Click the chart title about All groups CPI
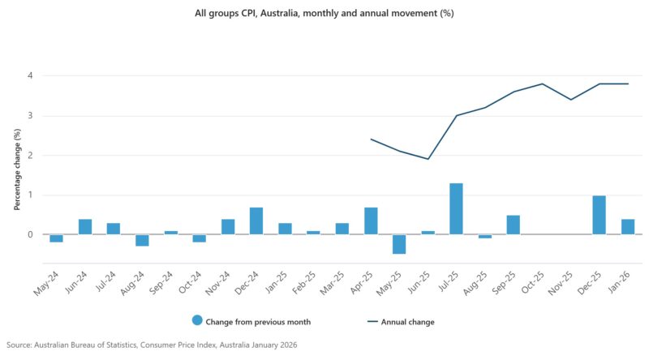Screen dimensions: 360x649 pyautogui.click(x=324, y=15)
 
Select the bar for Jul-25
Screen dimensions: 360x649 pyautogui.click(x=456, y=209)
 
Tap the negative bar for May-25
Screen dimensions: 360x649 pyautogui.click(x=399, y=244)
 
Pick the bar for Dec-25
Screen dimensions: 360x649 pyautogui.click(x=599, y=215)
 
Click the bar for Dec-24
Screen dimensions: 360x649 pyautogui.click(x=256, y=221)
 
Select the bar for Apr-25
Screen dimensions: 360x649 pyautogui.click(x=371, y=221)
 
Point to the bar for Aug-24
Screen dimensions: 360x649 pyautogui.click(x=142, y=240)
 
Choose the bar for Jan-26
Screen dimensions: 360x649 pyautogui.click(x=627, y=227)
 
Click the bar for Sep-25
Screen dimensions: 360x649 pyautogui.click(x=513, y=225)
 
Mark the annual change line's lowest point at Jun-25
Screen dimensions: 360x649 pyautogui.click(x=428, y=159)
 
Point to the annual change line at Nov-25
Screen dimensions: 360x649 pyautogui.click(x=570, y=100)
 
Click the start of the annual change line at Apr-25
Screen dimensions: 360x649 pyautogui.click(x=371, y=139)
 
